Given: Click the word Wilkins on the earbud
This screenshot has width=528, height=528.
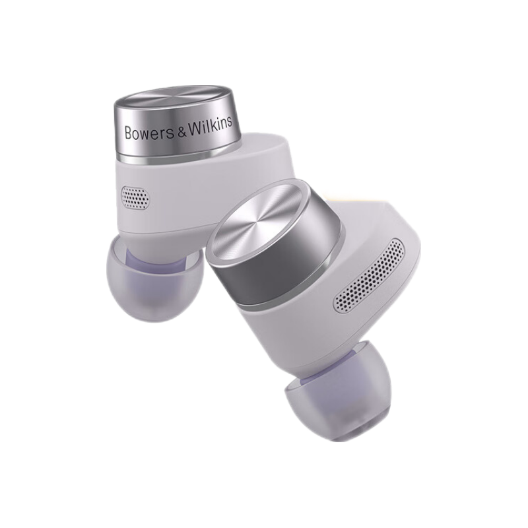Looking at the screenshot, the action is pos(210,125).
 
